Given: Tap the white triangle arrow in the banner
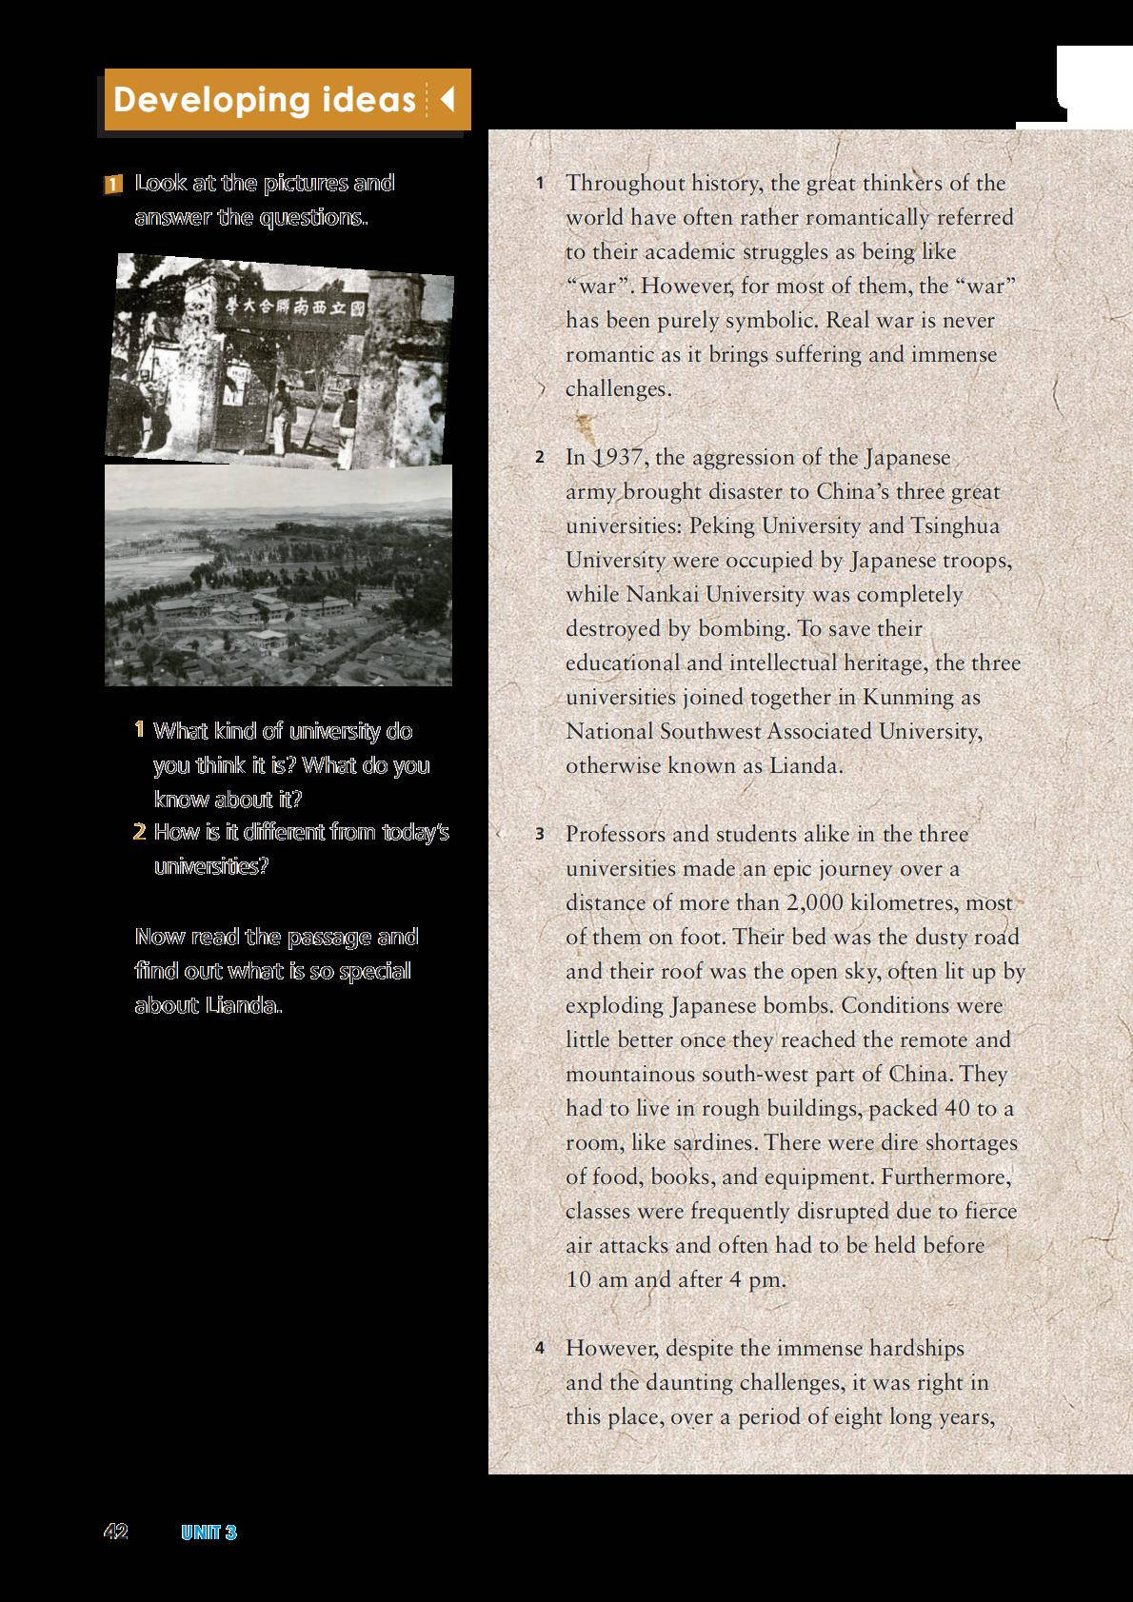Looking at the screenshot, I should click(447, 99).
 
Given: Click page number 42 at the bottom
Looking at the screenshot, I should click(115, 1532).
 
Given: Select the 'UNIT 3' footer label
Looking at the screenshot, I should click(209, 1533).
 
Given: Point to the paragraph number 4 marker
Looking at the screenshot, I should click(540, 1348).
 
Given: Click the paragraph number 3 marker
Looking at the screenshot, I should click(540, 835).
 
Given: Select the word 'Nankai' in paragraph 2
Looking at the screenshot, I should click(657, 595).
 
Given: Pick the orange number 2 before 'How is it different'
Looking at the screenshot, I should click(140, 833).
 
